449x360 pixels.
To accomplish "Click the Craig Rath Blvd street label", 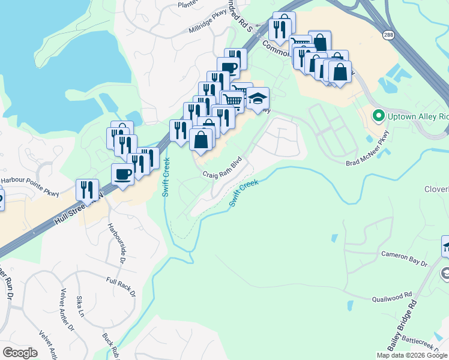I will coord(221,167).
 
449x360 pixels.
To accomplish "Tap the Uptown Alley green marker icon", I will coord(378,115).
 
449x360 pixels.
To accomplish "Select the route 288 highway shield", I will coord(389,35).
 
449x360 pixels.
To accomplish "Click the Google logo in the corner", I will coord(20,353).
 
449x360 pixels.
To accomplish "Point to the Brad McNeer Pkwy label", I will coord(367,155).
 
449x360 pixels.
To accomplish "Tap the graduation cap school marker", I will coord(258,99).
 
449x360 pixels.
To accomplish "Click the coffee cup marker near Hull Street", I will coord(123,175).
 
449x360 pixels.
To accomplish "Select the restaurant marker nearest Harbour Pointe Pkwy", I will coord(88,190).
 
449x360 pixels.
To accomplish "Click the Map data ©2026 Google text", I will coord(411,355).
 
